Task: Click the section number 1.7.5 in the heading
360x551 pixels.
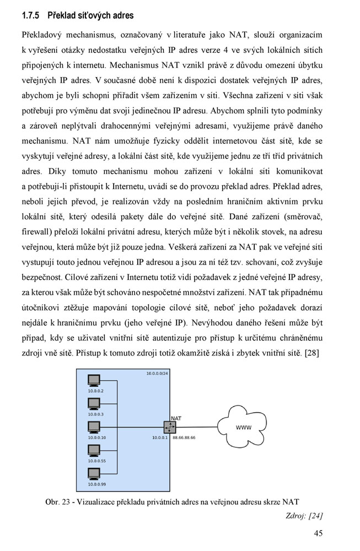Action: [x=30, y=15]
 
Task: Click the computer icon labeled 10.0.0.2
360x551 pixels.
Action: [x=94, y=381]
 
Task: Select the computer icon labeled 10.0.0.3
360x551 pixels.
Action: [x=94, y=404]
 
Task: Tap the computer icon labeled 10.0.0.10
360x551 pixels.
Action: [x=94, y=427]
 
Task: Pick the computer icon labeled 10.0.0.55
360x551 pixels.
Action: [x=94, y=450]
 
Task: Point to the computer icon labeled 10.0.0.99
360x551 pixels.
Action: [x=94, y=474]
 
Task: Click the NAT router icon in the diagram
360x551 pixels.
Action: [x=169, y=427]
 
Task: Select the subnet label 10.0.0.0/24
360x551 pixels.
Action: [x=157, y=374]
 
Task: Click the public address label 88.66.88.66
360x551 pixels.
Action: [x=184, y=437]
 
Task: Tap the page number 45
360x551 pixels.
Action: [x=318, y=533]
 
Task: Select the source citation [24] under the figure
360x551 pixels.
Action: [x=315, y=516]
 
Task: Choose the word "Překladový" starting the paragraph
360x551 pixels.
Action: [x=45, y=35]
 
